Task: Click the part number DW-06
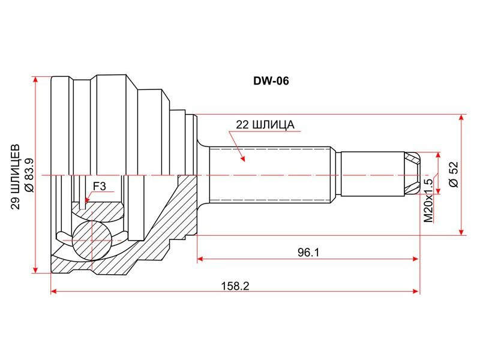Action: tap(271, 81)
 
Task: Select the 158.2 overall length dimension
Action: tap(235, 286)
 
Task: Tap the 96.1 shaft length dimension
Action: tap(308, 252)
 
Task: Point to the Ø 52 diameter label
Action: tap(454, 174)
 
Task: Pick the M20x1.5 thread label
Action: tap(428, 201)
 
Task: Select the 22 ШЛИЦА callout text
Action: tap(265, 125)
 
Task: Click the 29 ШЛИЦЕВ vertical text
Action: tap(16, 177)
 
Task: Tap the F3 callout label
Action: tap(99, 186)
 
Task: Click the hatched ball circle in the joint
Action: tap(92, 241)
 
